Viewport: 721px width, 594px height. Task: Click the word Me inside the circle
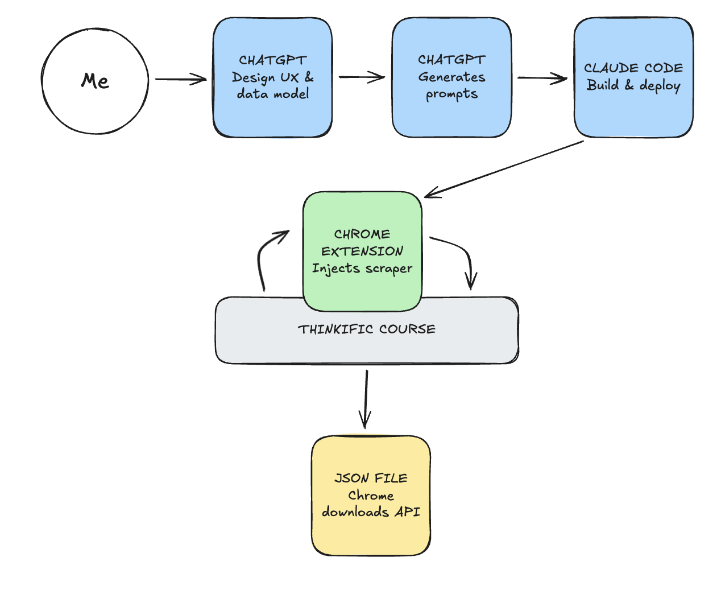[x=95, y=81]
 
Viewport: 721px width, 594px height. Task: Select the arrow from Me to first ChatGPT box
[x=180, y=79]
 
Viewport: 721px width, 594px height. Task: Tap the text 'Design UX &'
[x=272, y=77]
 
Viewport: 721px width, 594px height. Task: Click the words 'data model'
[x=273, y=94]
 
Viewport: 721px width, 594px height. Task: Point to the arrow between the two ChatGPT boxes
[x=362, y=77]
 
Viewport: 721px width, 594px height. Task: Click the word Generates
[x=451, y=77]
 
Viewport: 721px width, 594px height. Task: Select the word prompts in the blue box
[x=451, y=94]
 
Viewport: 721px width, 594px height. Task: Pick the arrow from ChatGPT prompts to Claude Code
[x=541, y=79]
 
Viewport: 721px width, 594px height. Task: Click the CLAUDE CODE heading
[x=633, y=68]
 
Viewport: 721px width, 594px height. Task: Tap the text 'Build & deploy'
[x=633, y=85]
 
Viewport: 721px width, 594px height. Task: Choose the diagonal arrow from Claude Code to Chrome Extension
[x=504, y=168]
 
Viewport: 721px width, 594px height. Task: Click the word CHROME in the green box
[x=362, y=234]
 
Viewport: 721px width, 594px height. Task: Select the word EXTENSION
[x=362, y=251]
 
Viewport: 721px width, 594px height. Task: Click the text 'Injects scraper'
[x=362, y=268]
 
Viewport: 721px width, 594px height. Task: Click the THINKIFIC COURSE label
[x=367, y=329]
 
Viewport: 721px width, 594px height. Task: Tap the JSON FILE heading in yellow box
[x=371, y=478]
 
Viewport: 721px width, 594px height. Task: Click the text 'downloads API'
[x=371, y=512]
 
